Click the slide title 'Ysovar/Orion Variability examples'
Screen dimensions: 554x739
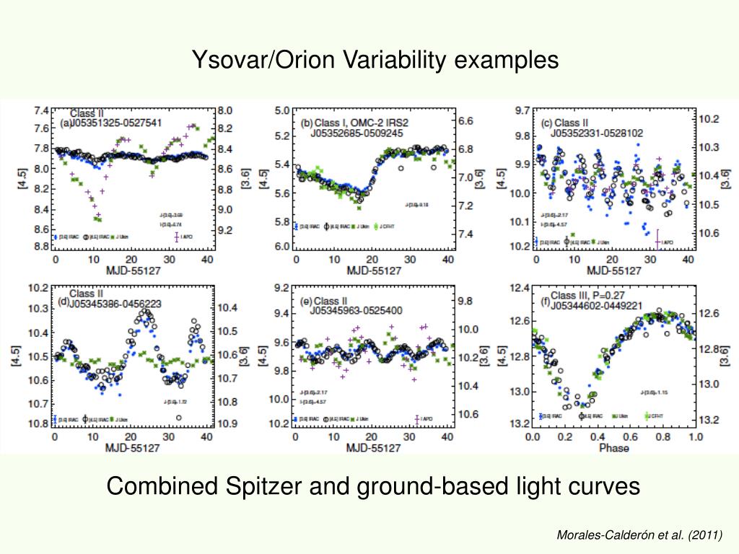tap(375, 60)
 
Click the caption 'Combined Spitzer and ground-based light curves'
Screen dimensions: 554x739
tap(373, 487)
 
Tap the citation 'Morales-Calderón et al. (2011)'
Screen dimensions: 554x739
tap(639, 535)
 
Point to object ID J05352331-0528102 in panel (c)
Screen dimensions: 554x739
tap(597, 133)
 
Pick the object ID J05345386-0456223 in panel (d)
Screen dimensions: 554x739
tap(115, 304)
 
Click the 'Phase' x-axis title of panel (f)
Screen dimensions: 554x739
tap(613, 448)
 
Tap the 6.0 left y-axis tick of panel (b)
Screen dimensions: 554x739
tap(281, 247)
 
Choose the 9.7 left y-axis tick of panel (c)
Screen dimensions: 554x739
tap(521, 110)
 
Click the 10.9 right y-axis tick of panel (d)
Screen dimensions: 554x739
tap(228, 422)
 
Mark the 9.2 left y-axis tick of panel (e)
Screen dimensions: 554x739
tap(281, 288)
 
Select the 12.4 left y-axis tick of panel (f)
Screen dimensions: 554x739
tap(520, 289)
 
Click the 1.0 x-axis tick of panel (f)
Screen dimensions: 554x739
tap(695, 437)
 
